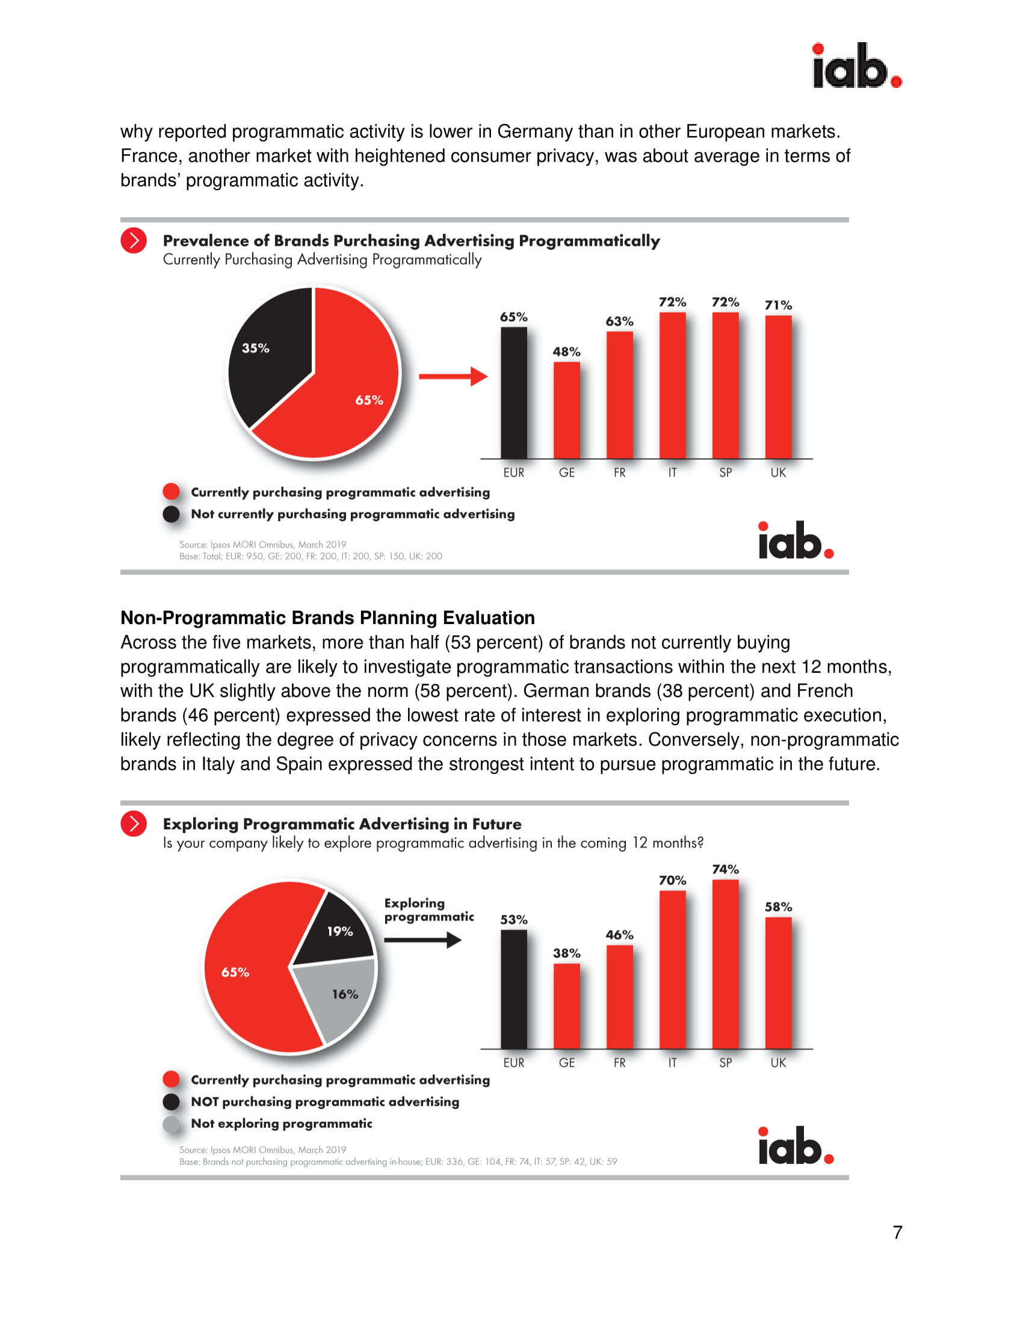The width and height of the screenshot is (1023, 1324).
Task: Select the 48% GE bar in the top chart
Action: (x=566, y=410)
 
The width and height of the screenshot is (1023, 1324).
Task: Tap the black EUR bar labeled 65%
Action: (x=513, y=393)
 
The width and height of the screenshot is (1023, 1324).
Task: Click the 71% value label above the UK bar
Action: (x=777, y=305)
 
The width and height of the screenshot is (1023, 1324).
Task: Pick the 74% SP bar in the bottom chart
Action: (x=725, y=964)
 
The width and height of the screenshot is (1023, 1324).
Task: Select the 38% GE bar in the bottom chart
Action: (x=566, y=1006)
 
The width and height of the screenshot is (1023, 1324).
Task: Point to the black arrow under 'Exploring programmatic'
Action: (x=422, y=940)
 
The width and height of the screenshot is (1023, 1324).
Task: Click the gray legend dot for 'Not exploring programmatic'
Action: (x=172, y=1125)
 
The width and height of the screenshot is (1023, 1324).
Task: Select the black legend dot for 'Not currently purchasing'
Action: (x=172, y=514)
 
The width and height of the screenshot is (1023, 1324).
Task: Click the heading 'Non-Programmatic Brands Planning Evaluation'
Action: (x=327, y=617)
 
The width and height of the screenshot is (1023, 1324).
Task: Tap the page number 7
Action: (x=897, y=1233)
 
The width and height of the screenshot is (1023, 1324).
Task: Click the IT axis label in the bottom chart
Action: (x=672, y=1063)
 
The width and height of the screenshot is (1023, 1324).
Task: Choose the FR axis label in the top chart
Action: (x=619, y=473)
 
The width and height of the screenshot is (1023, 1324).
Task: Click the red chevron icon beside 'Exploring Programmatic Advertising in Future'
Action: (x=134, y=824)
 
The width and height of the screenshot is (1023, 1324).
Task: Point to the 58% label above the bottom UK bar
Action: (x=777, y=907)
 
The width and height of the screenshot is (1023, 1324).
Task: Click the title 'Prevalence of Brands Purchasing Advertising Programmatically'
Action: (x=411, y=241)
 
